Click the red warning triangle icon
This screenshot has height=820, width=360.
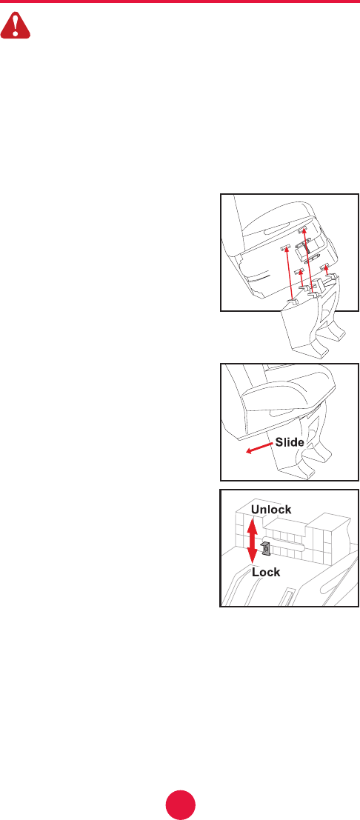[15, 26]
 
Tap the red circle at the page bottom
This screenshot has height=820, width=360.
[181, 805]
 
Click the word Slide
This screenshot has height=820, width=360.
[290, 442]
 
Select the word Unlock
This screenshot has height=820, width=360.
[270, 510]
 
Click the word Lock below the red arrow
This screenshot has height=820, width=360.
[266, 572]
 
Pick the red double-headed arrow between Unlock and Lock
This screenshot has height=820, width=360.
[252, 541]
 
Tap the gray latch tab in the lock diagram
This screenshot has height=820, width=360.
[264, 549]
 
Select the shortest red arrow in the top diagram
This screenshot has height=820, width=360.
[327, 271]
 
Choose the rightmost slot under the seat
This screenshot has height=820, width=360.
[327, 267]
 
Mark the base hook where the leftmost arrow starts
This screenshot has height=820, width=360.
[293, 302]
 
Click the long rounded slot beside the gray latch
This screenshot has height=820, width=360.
[284, 544]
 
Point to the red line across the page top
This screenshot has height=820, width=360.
[180, 1]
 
